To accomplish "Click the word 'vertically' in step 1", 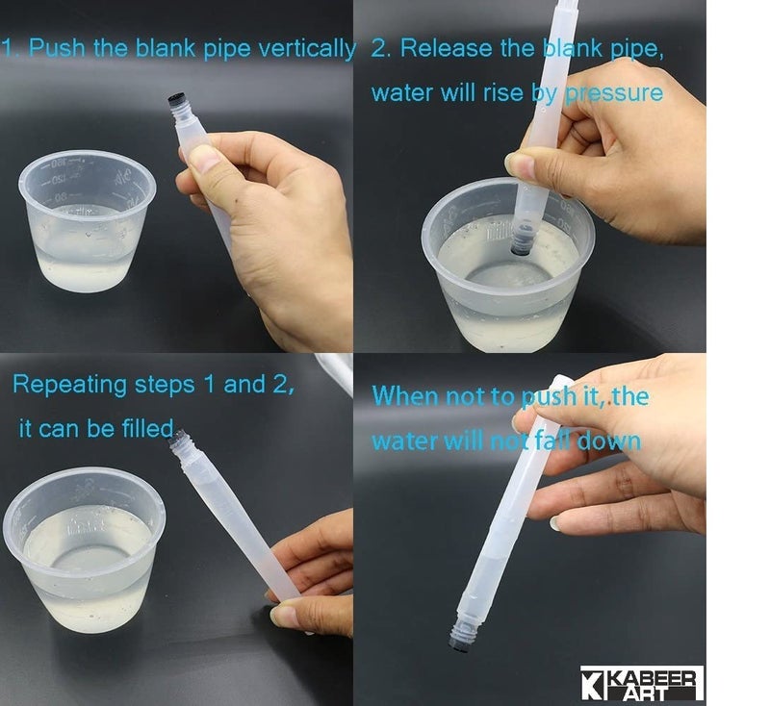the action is point(307,49).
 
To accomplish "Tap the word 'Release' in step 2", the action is point(446,48).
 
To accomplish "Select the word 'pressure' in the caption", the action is point(614,93).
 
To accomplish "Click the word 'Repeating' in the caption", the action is point(69,385).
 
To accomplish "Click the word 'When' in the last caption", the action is point(406,395).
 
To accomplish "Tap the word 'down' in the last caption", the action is point(609,441).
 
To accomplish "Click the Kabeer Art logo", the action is point(642,683).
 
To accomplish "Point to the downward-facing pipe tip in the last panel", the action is point(461,637).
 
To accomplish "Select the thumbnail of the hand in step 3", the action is point(285,616).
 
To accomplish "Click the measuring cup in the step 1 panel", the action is point(87,221).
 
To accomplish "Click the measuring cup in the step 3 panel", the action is point(84,549).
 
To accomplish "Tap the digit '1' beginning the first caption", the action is point(7,48).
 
